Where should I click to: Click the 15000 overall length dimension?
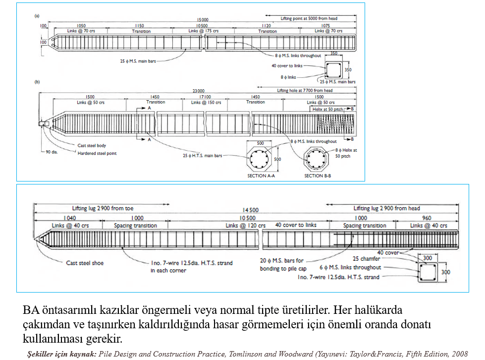point(202,20)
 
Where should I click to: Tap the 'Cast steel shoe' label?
point(85,263)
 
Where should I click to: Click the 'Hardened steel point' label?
point(98,153)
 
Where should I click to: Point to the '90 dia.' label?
point(52,152)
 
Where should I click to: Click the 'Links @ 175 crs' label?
point(204,31)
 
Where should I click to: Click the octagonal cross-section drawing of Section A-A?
point(260,159)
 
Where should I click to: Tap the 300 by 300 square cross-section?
point(429,273)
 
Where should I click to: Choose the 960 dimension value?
point(426,218)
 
